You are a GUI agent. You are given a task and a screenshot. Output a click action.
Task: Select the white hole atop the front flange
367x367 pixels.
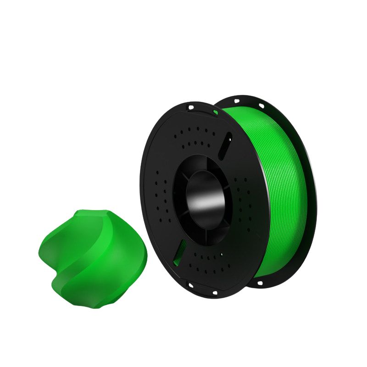tap(190, 107)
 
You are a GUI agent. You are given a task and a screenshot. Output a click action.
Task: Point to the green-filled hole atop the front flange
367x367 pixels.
tap(215, 112)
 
